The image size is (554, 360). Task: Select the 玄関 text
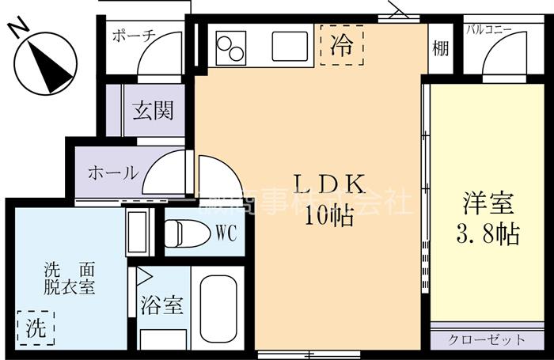(x=152, y=111)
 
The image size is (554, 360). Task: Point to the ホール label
(x=112, y=172)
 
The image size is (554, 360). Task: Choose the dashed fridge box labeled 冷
(x=341, y=44)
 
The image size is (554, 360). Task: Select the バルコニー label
(x=489, y=30)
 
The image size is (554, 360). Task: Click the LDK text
(x=328, y=184)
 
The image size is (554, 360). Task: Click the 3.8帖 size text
(x=489, y=234)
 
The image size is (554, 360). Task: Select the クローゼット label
(x=487, y=340)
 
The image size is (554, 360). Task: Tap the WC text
(x=225, y=233)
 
